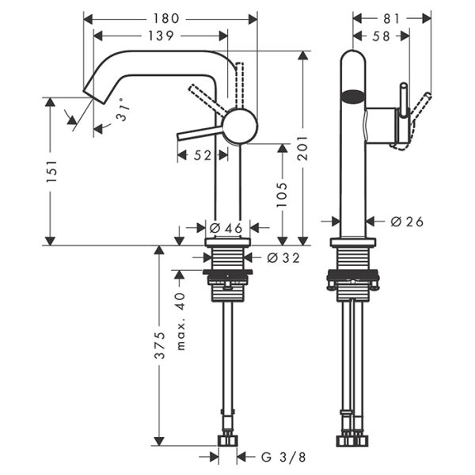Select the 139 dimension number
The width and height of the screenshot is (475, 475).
(161, 36)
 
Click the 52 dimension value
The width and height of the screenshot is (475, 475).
(203, 156)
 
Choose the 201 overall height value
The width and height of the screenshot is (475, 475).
(302, 147)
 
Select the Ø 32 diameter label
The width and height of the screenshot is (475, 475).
(283, 257)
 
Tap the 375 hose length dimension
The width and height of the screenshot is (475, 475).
(159, 345)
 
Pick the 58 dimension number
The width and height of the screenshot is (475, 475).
(381, 36)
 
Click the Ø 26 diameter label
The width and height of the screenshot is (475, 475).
(407, 222)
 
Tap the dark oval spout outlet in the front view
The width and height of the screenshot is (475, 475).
(353, 99)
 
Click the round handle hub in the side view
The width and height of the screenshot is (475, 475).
(240, 127)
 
